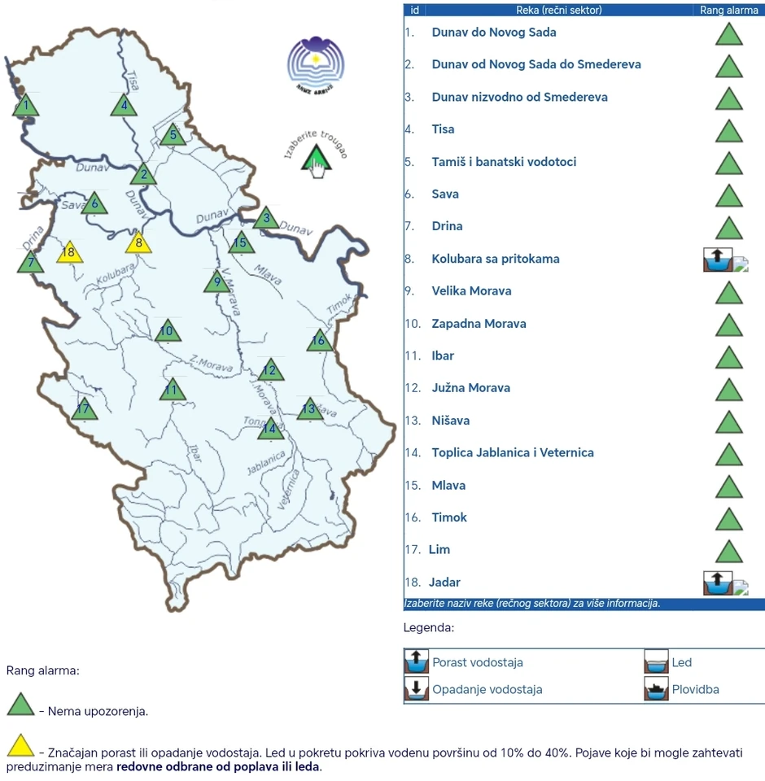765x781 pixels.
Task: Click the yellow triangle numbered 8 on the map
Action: point(138,242)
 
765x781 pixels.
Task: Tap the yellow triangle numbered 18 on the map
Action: point(69,253)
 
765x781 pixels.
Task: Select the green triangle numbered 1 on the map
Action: point(26,106)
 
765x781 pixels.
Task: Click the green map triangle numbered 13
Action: point(308,409)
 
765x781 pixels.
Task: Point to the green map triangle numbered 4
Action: point(124,106)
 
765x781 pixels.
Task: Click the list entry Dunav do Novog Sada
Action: point(494,33)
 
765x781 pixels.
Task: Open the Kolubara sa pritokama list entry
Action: point(496,259)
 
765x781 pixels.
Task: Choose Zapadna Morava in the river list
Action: point(479,324)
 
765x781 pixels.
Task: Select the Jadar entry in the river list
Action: point(446,582)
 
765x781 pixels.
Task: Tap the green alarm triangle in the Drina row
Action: point(728,227)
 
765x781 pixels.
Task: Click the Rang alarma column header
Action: point(728,11)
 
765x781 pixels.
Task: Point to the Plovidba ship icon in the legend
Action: point(656,689)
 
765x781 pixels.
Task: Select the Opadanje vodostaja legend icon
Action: point(417,689)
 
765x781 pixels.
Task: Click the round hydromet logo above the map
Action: point(316,63)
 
